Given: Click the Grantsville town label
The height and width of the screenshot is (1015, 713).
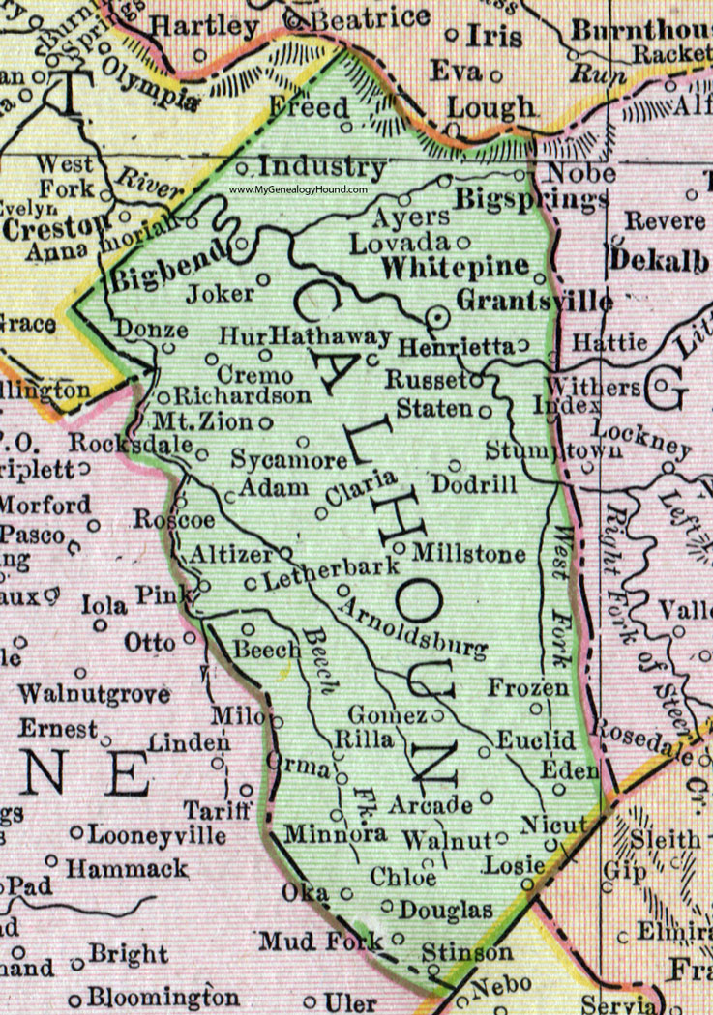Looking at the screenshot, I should pyautogui.click(x=534, y=302).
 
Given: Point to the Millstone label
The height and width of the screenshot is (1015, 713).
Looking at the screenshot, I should pyautogui.click(x=468, y=554).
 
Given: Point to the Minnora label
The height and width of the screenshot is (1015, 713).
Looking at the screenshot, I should pyautogui.click(x=336, y=832).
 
